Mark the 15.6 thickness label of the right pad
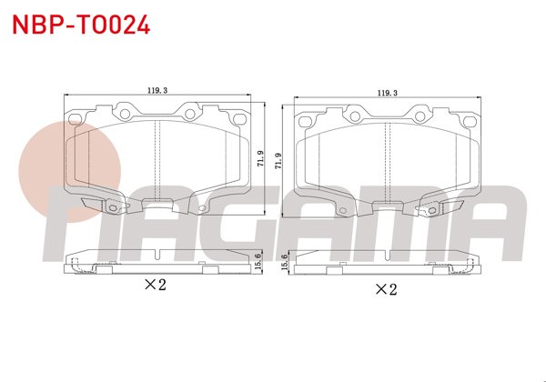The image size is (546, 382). (x=286, y=261)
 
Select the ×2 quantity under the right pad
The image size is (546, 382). (x=387, y=290)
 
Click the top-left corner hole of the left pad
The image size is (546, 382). (x=76, y=118)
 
